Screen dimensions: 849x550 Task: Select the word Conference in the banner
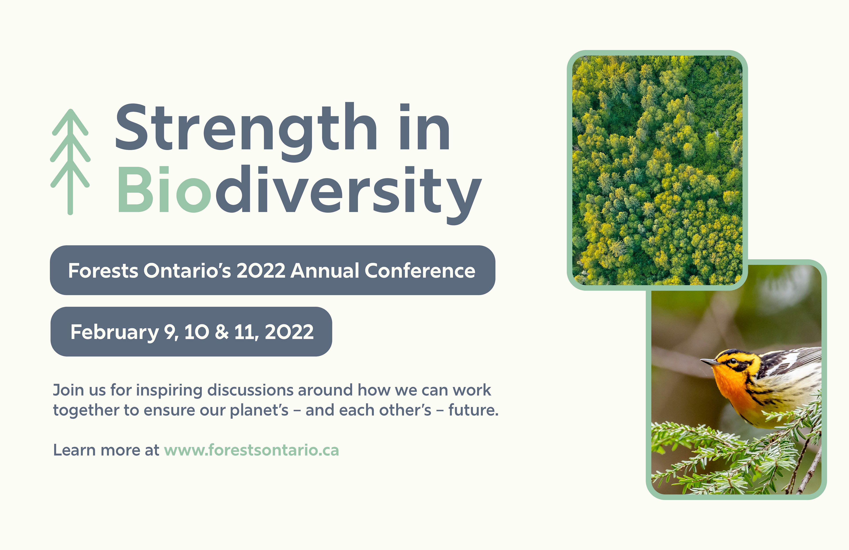(420, 271)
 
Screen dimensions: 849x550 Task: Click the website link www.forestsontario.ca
(251, 450)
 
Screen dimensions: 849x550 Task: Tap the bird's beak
(710, 362)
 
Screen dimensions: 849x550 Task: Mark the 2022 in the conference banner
(261, 271)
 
